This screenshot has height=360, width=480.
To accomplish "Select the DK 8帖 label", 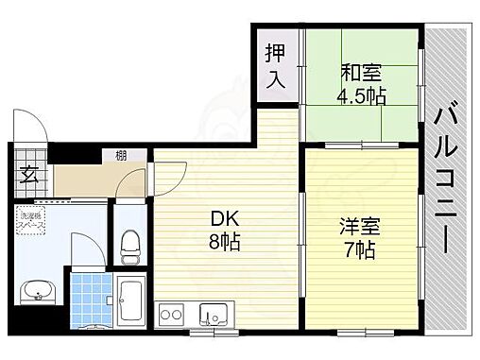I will click(x=225, y=229).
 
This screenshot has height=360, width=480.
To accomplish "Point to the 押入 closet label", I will click(x=274, y=66).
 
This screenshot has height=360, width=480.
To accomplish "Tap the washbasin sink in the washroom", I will click(x=38, y=291).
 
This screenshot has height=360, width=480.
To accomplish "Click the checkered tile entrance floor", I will click(x=26, y=161).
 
